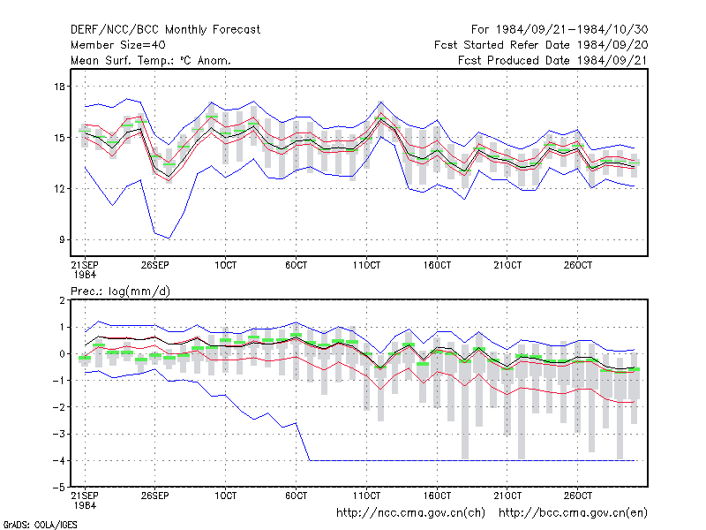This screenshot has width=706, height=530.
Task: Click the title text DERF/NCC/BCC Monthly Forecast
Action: click(165, 30)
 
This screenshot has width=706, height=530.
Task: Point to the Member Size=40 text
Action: click(118, 45)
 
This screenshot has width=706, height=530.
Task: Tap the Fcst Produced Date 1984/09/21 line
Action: click(553, 60)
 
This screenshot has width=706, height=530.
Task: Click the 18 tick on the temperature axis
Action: click(59, 86)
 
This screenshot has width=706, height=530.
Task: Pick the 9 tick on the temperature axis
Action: click(62, 239)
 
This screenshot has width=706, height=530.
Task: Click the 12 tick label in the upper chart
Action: click(59, 188)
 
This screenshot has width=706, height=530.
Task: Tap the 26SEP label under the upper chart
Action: click(155, 265)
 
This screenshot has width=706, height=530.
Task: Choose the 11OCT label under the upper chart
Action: click(366, 265)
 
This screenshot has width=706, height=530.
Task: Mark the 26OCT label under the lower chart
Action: click(578, 496)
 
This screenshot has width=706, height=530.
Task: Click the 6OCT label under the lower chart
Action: click(296, 496)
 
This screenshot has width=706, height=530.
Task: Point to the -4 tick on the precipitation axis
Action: click(58, 460)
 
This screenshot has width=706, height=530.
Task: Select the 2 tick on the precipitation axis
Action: click(62, 300)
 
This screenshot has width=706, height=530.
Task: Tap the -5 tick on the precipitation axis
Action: click(58, 488)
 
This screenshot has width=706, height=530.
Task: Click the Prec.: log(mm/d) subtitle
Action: click(120, 291)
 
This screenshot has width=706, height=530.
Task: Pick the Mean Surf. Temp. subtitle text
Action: click(151, 60)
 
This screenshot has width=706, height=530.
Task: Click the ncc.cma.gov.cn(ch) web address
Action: click(410, 513)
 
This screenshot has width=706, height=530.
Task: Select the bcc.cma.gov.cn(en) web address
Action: click(573, 513)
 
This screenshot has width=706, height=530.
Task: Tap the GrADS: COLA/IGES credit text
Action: click(40, 525)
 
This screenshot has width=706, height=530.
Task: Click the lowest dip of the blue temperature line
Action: click(169, 238)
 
